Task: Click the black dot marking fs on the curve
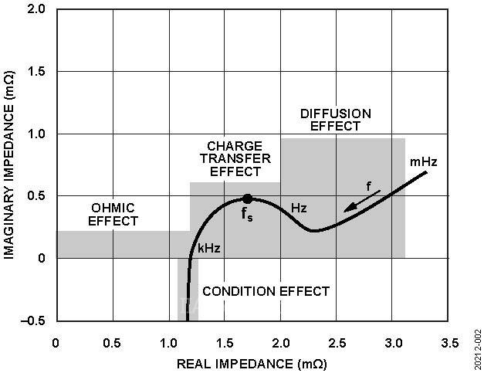(x=247, y=198)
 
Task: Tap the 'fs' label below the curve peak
(x=248, y=215)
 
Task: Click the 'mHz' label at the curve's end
(x=424, y=162)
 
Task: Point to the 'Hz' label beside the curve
(x=300, y=209)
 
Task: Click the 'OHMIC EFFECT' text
(x=113, y=214)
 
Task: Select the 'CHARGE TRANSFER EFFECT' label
(x=235, y=158)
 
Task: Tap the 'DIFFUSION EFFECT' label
(x=330, y=120)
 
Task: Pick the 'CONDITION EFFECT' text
(x=266, y=291)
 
